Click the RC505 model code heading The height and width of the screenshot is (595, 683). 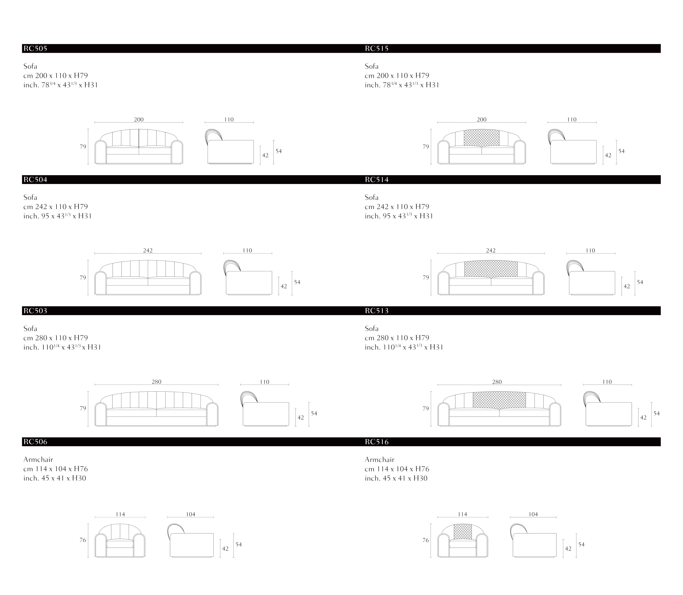(35, 48)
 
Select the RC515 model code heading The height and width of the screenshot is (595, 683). (377, 48)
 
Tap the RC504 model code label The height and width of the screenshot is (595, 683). (35, 180)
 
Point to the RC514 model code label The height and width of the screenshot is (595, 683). (377, 180)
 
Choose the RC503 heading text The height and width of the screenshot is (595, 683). (35, 311)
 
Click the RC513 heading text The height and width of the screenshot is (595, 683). (377, 311)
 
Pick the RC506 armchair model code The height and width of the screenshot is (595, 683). (35, 442)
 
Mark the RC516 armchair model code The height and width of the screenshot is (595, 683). (377, 442)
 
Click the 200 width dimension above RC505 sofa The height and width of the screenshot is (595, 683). (139, 119)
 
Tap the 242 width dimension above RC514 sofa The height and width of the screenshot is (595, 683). (491, 250)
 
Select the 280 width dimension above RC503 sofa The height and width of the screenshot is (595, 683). (156, 382)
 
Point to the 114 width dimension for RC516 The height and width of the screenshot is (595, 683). (462, 514)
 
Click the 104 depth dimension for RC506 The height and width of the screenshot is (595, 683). (190, 514)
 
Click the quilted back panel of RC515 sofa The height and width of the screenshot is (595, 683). (482, 138)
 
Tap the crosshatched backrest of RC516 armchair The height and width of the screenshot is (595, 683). (463, 532)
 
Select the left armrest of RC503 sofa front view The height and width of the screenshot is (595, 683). (101, 414)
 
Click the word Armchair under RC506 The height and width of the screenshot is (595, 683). (38, 459)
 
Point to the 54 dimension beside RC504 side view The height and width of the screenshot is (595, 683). (297, 282)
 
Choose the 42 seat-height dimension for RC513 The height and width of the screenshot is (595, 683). (643, 418)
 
